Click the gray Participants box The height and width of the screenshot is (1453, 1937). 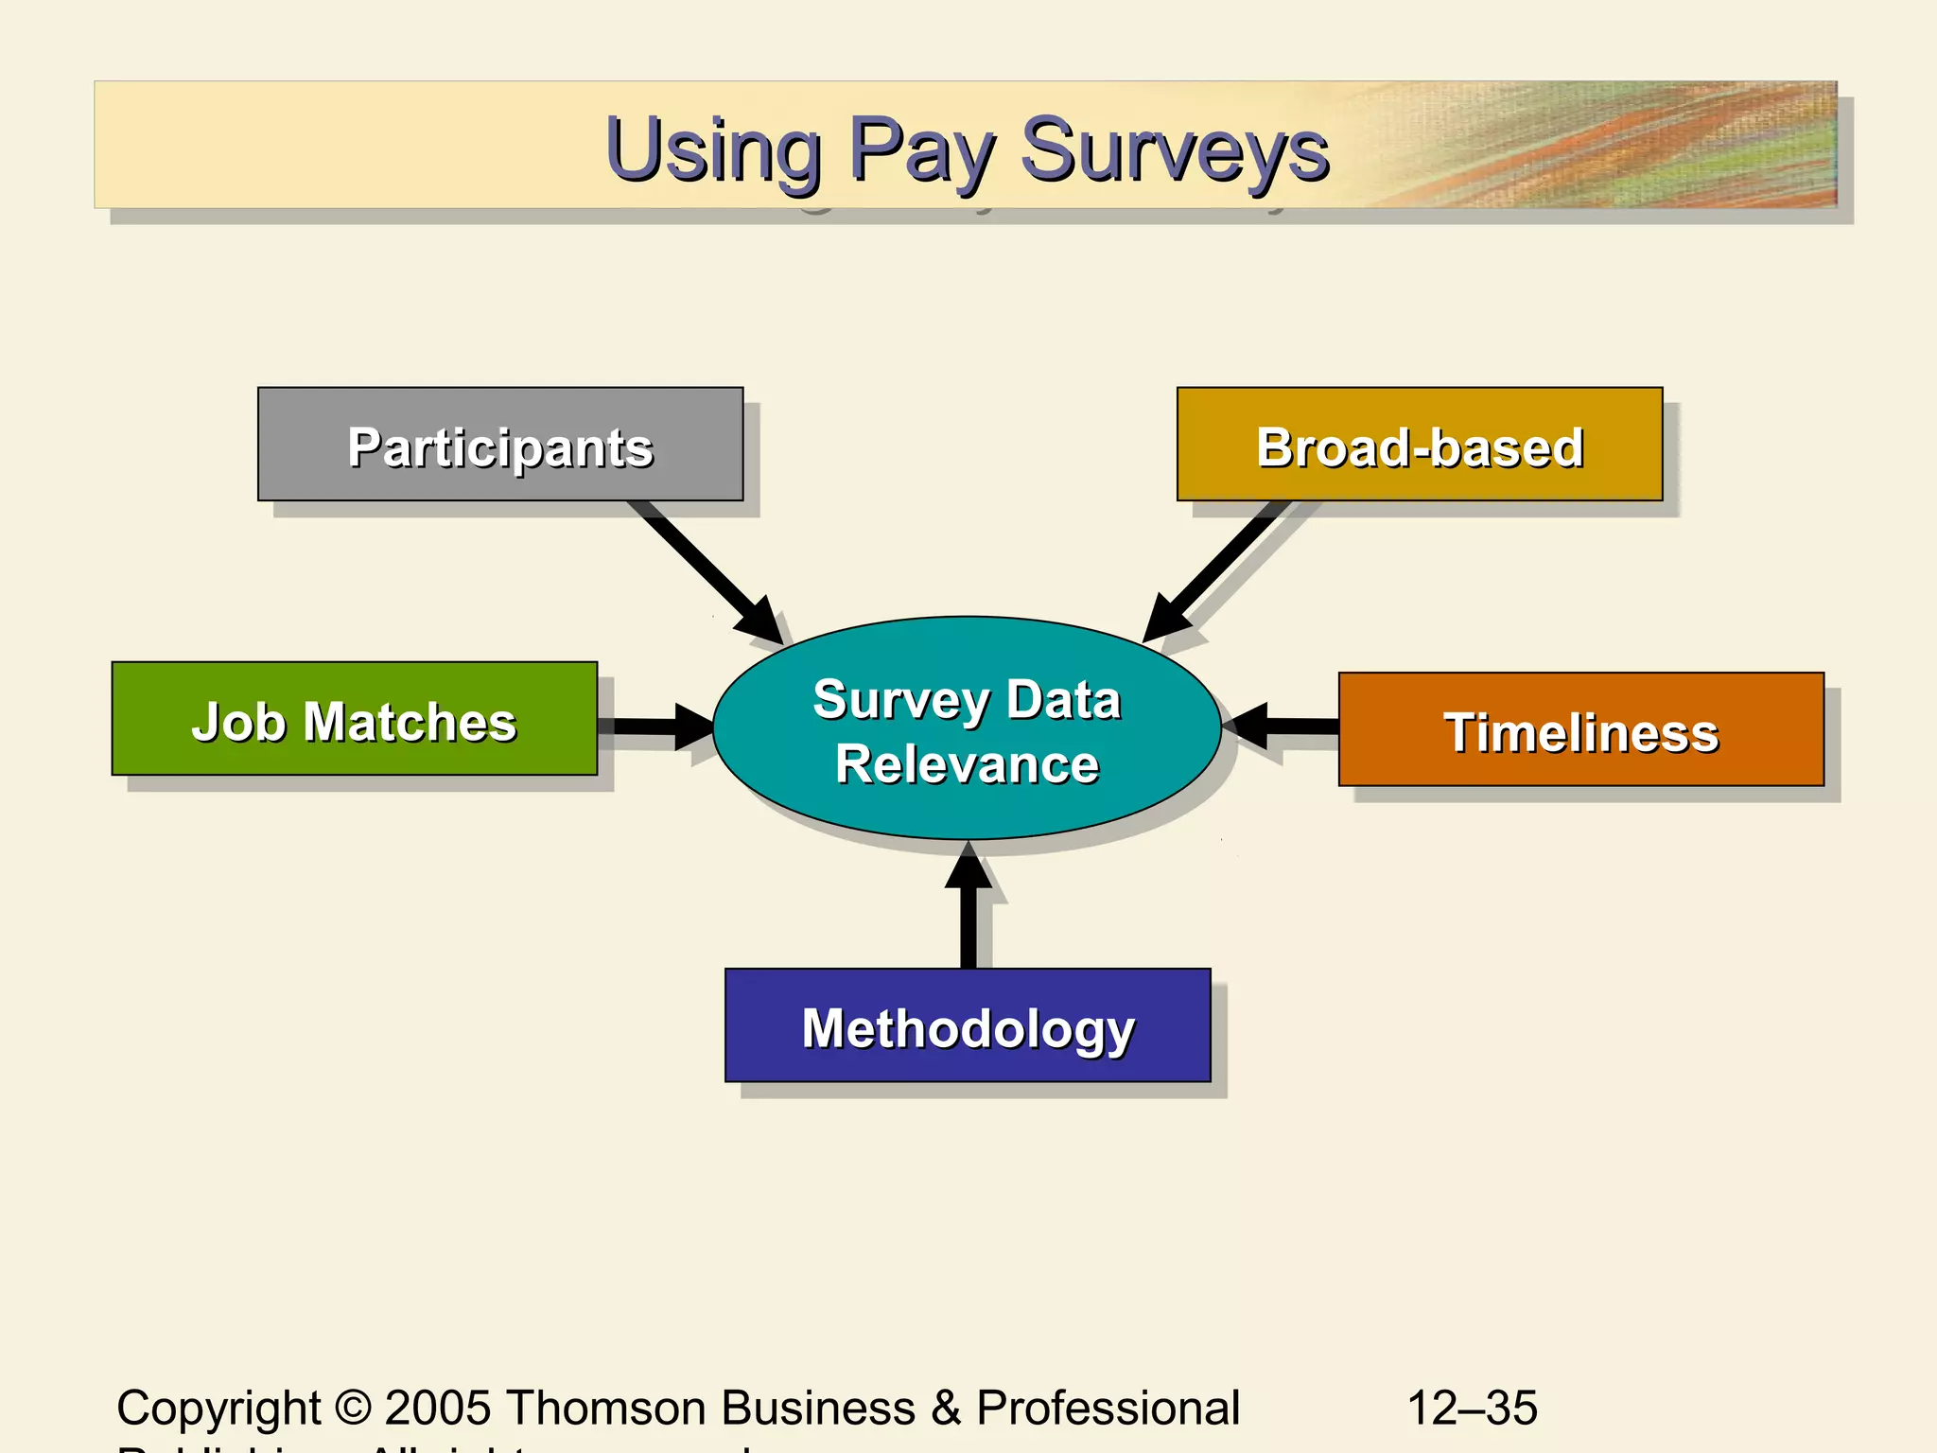pos(500,444)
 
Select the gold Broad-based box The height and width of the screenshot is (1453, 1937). pos(1419,444)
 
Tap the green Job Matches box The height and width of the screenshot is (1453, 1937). pos(354,719)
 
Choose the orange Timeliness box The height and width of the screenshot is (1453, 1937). pos(1580,729)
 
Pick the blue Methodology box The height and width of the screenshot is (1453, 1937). pos(968,1025)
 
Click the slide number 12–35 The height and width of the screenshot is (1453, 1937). pos(1472,1408)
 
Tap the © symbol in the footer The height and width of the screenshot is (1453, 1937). pos(353,1408)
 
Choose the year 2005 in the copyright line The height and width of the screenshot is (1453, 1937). pos(438,1408)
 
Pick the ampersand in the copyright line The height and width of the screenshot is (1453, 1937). pos(946,1408)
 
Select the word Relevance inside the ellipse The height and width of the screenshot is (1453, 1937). pos(967,764)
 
